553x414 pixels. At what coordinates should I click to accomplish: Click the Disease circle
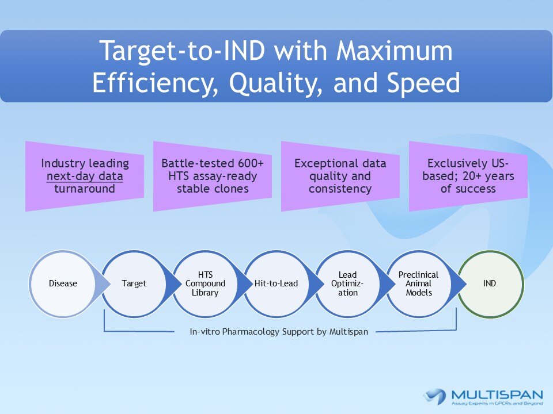point(63,283)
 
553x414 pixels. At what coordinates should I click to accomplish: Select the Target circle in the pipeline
point(134,283)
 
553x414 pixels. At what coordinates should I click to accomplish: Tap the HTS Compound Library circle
point(206,283)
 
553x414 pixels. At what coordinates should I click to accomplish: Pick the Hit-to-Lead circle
point(277,283)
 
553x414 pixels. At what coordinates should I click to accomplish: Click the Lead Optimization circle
point(349,283)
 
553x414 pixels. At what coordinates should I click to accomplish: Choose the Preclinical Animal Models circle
point(419,283)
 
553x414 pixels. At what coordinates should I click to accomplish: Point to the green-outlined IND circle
point(490,283)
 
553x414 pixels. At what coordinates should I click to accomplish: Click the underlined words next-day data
point(84,177)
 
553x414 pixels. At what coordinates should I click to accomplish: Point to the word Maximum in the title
point(395,52)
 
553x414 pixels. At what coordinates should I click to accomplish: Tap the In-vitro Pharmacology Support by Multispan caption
point(279,332)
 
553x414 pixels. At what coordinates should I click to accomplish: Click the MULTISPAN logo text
point(497,395)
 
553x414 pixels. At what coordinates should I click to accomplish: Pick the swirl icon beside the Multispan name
point(435,396)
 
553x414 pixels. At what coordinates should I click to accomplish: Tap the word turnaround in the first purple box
point(84,189)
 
